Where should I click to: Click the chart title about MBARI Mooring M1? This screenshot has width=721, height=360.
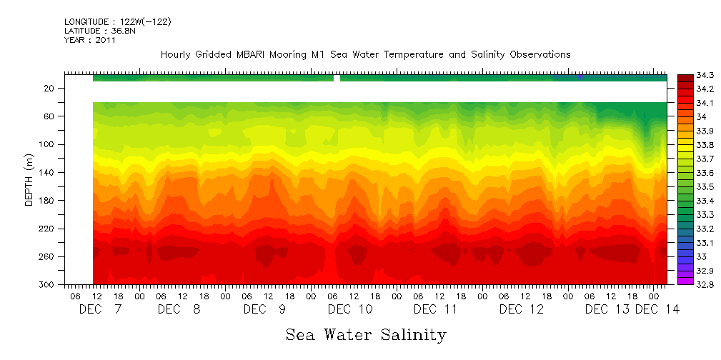click(x=365, y=55)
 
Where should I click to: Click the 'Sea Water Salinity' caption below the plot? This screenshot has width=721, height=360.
click(x=366, y=334)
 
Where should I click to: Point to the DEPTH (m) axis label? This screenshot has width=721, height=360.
click(x=29, y=179)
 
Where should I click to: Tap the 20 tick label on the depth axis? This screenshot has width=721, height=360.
click(x=49, y=89)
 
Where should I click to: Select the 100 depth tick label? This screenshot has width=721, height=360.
click(x=47, y=144)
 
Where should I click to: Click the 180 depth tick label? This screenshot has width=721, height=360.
click(x=47, y=201)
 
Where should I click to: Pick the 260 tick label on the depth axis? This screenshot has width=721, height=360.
click(x=47, y=256)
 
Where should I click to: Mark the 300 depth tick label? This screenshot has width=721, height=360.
click(x=47, y=284)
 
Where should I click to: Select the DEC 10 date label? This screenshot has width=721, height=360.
click(x=350, y=309)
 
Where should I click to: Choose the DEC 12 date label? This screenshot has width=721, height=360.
click(x=521, y=309)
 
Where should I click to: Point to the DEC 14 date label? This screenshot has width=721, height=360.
click(x=657, y=309)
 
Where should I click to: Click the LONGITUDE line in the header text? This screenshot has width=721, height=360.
click(x=117, y=22)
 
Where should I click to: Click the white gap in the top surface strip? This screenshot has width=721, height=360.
click(x=337, y=78)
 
